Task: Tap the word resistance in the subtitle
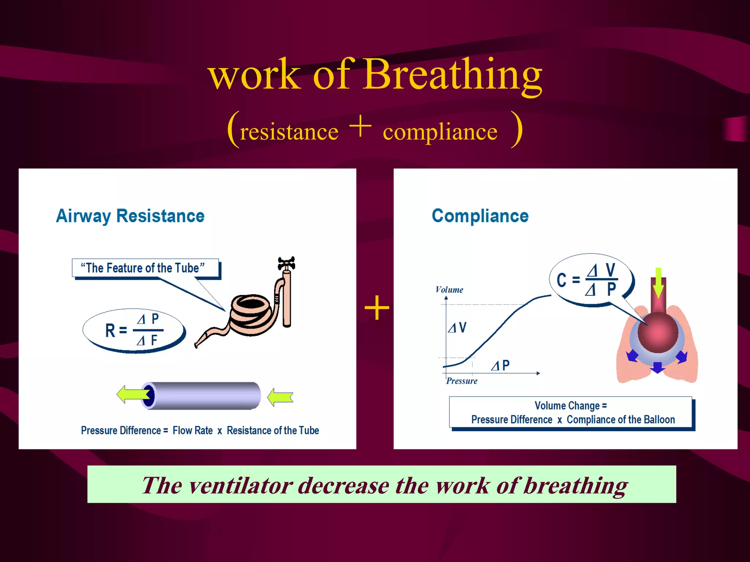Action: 289,132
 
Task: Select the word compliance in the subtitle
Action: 440,132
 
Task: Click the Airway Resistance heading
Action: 130,216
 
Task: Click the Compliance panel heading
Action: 480,216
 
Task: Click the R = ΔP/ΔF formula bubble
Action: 133,330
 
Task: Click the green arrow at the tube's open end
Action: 132,394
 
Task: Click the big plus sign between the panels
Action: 377,308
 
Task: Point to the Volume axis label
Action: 449,290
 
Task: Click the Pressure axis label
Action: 461,381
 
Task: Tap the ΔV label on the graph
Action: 457,327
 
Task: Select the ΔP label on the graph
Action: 500,365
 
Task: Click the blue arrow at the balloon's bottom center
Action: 658,367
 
